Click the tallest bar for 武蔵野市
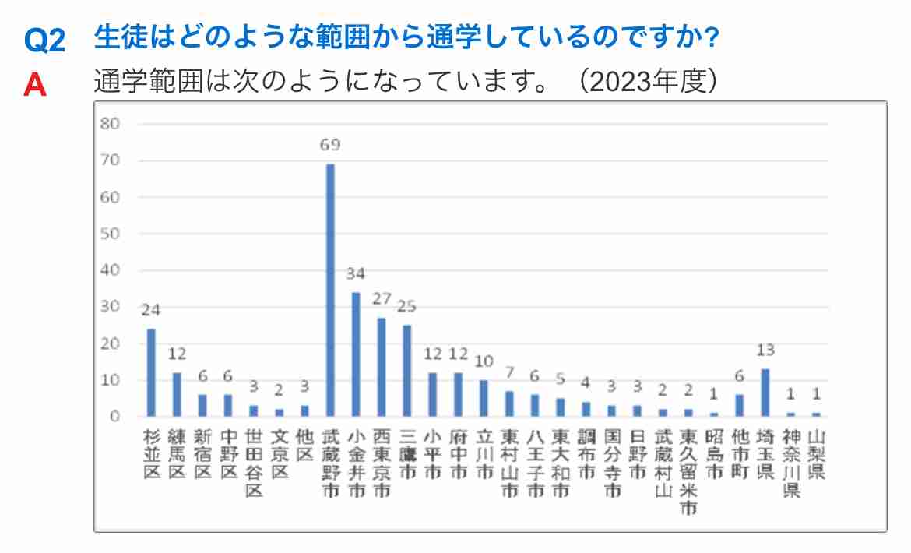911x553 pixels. (330, 290)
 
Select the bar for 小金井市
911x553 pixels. (356, 354)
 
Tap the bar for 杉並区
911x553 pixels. (151, 372)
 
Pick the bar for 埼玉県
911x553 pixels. (765, 393)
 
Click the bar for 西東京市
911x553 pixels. (382, 367)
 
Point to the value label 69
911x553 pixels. (330, 146)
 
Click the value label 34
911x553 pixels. (356, 274)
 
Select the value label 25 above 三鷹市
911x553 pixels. (407, 306)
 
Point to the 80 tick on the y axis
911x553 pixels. (110, 124)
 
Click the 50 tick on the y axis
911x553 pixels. (110, 234)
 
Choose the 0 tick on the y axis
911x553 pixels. (114, 417)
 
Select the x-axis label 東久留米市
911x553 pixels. (688, 471)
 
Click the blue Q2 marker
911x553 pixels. (44, 41)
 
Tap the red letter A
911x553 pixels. (35, 84)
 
